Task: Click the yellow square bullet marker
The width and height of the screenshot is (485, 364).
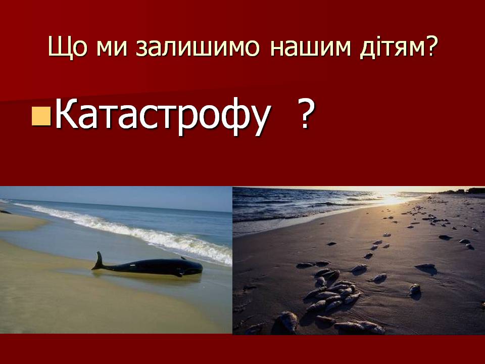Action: [x=41, y=116]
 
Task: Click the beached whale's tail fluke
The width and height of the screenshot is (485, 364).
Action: [x=99, y=261]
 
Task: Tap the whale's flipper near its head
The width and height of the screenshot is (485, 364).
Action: [x=179, y=274]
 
